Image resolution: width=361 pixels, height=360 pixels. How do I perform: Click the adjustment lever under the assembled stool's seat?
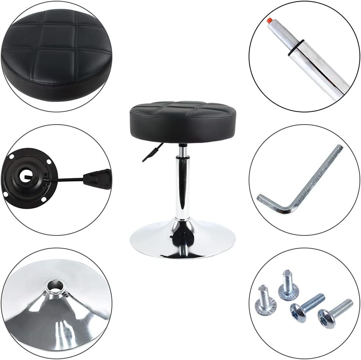[x=152, y=153]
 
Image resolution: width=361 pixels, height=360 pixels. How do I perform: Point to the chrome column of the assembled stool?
[x=183, y=187]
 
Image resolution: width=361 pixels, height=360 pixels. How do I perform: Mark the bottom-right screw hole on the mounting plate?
[x=44, y=199]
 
